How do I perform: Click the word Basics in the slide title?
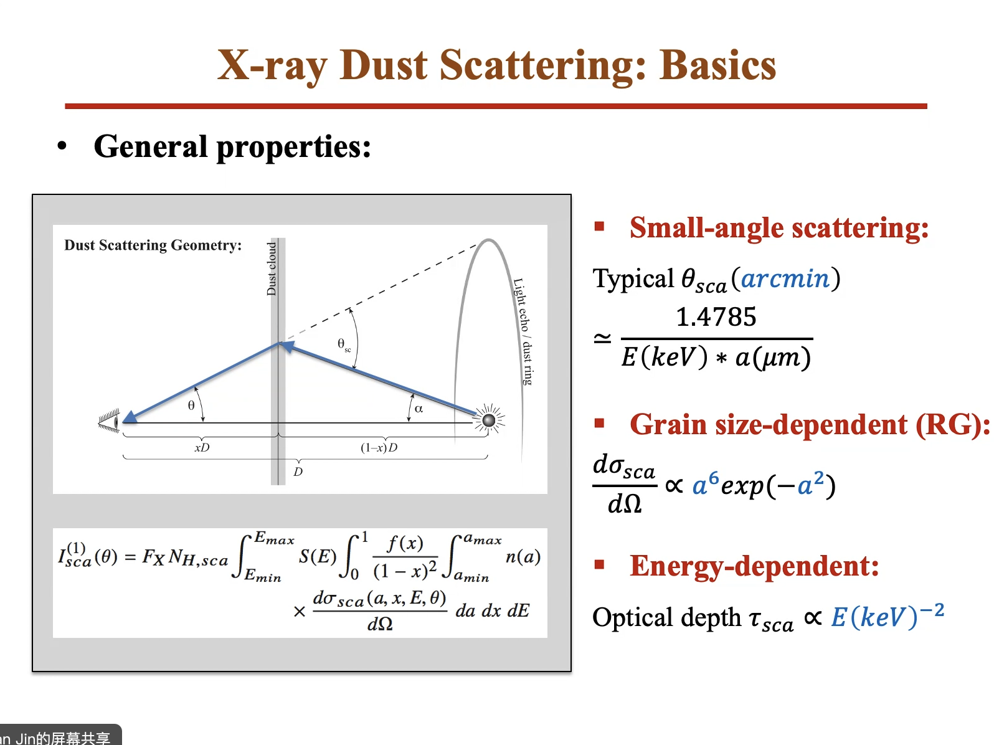pyautogui.click(x=717, y=65)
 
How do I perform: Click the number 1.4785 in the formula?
pyautogui.click(x=716, y=316)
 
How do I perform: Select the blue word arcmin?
pyautogui.click(x=785, y=278)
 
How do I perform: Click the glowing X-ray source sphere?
pyautogui.click(x=489, y=420)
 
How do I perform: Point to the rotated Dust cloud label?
pyautogui.click(x=272, y=268)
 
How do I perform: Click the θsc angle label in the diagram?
pyautogui.click(x=344, y=345)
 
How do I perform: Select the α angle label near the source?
pyautogui.click(x=419, y=409)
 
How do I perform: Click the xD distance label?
pyautogui.click(x=202, y=447)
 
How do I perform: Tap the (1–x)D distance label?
pyautogui.click(x=379, y=447)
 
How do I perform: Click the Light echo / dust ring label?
pyautogui.click(x=523, y=331)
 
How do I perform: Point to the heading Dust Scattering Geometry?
pyautogui.click(x=153, y=245)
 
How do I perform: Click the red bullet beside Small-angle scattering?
pyautogui.click(x=600, y=227)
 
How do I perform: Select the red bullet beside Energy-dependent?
pyautogui.click(x=600, y=564)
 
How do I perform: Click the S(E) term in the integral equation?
pyautogui.click(x=318, y=556)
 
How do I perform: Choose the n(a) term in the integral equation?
pyautogui.click(x=523, y=556)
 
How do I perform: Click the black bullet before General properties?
pyautogui.click(x=62, y=146)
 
